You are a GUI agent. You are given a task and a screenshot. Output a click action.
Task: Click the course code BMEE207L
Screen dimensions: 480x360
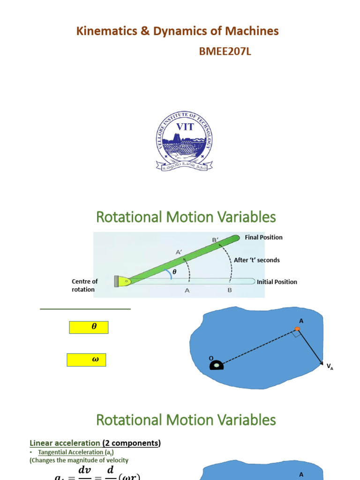coord(225,52)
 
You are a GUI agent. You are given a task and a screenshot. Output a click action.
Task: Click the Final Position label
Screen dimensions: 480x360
coord(263,237)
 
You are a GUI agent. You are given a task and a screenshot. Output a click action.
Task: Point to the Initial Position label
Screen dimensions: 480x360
coord(277,282)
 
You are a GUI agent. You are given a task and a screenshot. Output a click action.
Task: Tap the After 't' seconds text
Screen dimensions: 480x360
coord(256,260)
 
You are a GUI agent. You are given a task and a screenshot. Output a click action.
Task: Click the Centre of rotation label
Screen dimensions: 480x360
coord(84,285)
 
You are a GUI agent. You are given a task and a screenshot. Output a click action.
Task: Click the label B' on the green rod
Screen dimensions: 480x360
coord(216,240)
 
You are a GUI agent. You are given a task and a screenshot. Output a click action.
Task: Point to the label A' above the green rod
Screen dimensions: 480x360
coord(179,252)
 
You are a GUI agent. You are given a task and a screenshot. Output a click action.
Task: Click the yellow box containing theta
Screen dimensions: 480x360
coord(89,327)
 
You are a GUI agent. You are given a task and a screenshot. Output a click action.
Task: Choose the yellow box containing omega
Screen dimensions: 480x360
coord(86,360)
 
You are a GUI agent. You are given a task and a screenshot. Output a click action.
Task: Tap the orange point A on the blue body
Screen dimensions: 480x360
coord(297,329)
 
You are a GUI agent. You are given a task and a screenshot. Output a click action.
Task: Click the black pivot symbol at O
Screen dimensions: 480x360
coord(217,365)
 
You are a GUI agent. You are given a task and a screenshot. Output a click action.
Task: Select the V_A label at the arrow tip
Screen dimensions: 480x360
coord(330,367)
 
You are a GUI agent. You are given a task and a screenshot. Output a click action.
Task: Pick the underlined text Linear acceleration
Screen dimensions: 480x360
coord(64,443)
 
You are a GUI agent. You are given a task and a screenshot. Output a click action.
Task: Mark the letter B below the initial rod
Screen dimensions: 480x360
coord(230,291)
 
